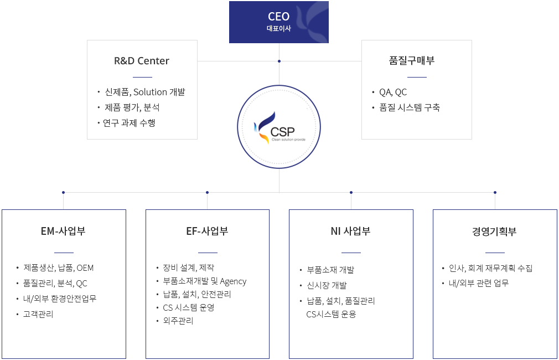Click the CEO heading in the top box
click(x=278, y=17)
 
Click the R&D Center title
click(x=142, y=61)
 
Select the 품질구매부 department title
click(x=412, y=60)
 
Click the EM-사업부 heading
click(x=63, y=231)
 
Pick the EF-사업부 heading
click(x=207, y=231)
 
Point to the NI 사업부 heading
click(x=350, y=231)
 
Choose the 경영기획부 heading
click(x=494, y=231)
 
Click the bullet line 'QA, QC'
click(x=393, y=92)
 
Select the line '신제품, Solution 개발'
click(x=145, y=92)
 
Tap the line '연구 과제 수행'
click(x=129, y=123)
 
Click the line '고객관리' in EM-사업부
click(x=38, y=314)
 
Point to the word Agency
click(x=233, y=281)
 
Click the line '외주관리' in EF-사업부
click(x=178, y=320)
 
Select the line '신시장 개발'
click(x=327, y=285)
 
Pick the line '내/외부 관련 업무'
click(x=478, y=283)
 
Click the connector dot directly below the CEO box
click(x=279, y=61)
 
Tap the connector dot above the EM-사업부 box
click(x=64, y=192)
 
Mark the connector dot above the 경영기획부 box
click(x=495, y=192)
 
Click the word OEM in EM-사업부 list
click(x=85, y=268)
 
